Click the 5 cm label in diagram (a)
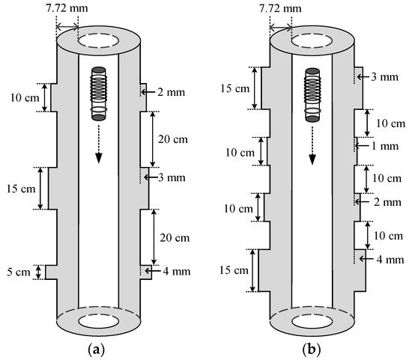click(x=19, y=272)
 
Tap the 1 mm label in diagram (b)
click(x=385, y=146)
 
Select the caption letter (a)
click(x=95, y=350)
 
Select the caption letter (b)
click(x=312, y=350)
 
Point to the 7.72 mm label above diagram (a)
click(x=67, y=8)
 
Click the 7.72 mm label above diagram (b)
click(x=280, y=9)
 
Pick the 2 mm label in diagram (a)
click(x=172, y=92)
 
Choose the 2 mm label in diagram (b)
click(x=387, y=202)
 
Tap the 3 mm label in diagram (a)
click(x=172, y=178)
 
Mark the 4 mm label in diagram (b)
click(x=390, y=260)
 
